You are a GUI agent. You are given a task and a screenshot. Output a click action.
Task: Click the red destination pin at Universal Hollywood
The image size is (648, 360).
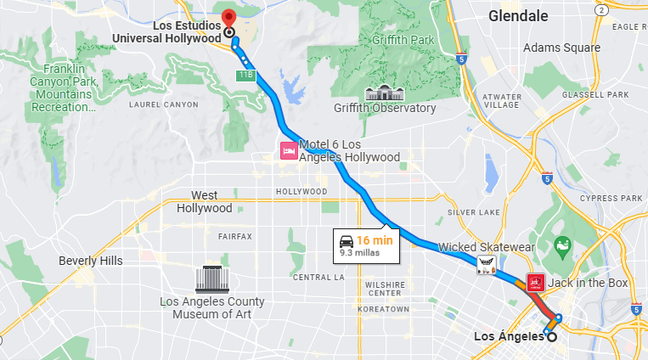228,18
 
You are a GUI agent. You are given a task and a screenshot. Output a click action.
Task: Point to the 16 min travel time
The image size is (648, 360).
374,239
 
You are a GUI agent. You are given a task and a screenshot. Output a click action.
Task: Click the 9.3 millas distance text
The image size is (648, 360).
358,252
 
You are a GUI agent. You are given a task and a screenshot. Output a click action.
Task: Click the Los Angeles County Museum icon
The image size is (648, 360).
211,278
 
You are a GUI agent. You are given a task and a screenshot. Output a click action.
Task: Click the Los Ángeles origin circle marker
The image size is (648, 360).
553,337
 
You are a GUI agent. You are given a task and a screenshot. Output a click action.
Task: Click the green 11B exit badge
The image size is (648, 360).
245,76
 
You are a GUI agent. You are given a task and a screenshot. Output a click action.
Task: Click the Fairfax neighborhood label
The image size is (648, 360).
235,236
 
